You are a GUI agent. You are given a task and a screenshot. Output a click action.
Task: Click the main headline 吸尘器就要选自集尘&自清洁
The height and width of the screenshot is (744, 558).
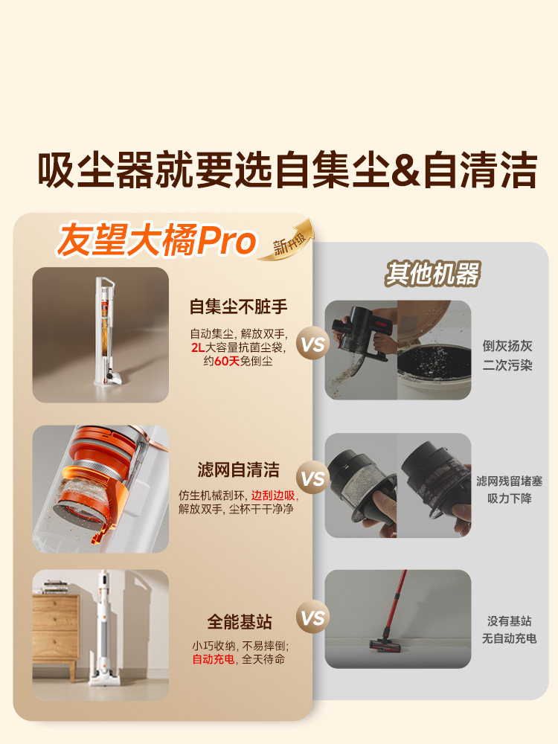(286, 170)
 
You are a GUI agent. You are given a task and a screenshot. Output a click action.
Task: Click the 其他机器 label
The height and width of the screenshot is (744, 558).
(432, 274)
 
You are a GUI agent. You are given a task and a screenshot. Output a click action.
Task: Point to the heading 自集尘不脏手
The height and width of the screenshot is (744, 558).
(238, 306)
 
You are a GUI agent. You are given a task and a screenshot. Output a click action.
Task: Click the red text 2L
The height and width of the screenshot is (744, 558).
(198, 347)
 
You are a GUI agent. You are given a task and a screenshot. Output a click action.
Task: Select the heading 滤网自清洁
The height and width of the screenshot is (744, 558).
(238, 470)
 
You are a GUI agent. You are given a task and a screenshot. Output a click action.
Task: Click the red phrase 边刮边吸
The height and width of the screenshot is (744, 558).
(273, 496)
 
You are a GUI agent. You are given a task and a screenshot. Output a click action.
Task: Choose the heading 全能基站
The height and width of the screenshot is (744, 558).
(238, 621)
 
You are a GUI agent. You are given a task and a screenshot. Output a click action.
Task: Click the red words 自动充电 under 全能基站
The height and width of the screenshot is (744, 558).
(214, 659)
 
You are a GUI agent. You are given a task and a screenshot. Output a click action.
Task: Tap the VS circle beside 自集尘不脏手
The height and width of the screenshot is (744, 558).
(313, 344)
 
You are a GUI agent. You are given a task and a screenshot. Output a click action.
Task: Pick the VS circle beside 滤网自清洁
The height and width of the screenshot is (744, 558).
(313, 478)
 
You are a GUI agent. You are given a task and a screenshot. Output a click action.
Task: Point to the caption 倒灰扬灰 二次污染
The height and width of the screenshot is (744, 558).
(507, 356)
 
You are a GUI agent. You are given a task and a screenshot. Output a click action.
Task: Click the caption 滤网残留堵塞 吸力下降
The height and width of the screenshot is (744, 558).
(509, 490)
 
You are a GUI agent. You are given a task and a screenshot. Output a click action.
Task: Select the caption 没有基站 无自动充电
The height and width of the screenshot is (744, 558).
(509, 629)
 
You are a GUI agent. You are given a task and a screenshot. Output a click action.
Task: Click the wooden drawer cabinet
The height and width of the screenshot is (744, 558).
(56, 625)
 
